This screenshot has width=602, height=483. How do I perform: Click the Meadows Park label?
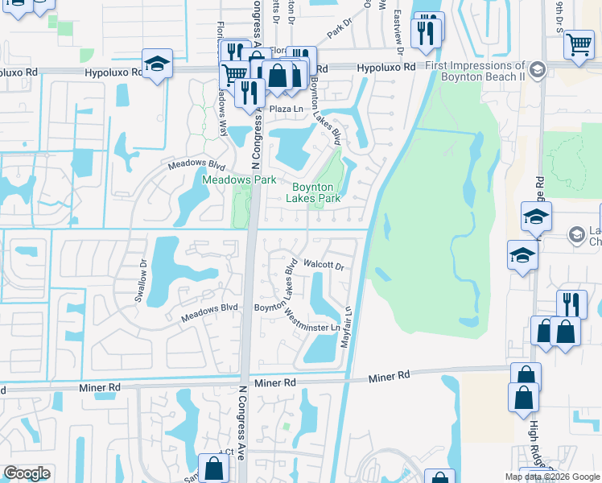(239, 180)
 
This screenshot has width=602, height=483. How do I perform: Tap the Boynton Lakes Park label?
(316, 192)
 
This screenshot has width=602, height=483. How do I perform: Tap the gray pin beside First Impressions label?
(538, 68)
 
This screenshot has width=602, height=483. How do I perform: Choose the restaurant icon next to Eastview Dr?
(426, 33)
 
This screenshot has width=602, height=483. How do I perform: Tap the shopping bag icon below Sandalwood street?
(213, 469)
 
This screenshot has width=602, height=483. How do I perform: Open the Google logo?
(27, 473)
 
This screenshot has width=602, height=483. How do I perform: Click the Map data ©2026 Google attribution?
(551, 477)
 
